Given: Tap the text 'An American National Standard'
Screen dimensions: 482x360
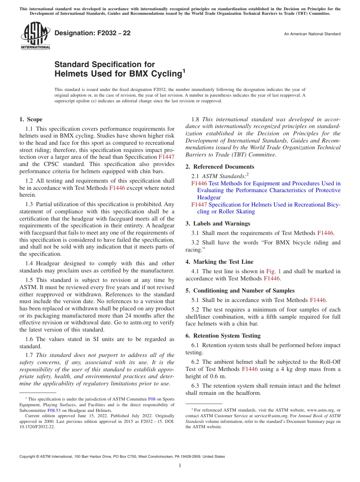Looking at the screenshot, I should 312,34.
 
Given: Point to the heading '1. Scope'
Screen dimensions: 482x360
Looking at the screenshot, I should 31,119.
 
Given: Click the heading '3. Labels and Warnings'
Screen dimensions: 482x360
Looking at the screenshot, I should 218,224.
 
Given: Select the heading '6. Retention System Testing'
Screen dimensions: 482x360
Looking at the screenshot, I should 223,336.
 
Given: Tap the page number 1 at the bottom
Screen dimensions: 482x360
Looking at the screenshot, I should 180,466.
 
